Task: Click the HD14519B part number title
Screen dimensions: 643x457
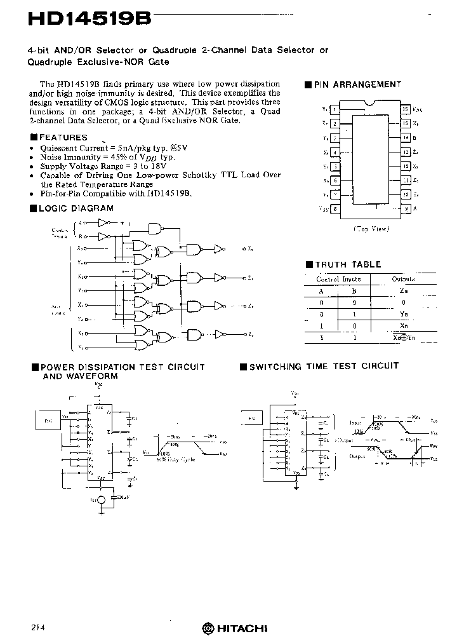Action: pyautogui.click(x=89, y=19)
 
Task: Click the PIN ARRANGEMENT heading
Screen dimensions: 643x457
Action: pyautogui.click(x=357, y=85)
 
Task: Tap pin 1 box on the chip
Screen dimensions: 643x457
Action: pyautogui.click(x=334, y=109)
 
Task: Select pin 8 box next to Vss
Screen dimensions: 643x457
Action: pyautogui.click(x=334, y=208)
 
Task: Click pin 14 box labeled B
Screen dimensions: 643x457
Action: pyautogui.click(x=406, y=137)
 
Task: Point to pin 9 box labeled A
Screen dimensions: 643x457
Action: pyautogui.click(x=406, y=208)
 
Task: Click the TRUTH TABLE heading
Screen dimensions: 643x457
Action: pyautogui.click(x=348, y=264)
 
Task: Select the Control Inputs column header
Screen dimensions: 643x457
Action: pyautogui.click(x=338, y=279)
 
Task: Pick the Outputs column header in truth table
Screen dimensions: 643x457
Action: pyautogui.click(x=403, y=279)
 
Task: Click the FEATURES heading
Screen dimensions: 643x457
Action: pyautogui.click(x=63, y=137)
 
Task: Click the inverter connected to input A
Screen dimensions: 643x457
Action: pyautogui.click(x=103, y=223)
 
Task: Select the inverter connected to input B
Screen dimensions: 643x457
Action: pyautogui.click(x=103, y=236)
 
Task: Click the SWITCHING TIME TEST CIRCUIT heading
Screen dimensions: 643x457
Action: pyautogui.click(x=324, y=366)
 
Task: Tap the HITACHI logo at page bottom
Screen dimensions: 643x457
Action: pyautogui.click(x=235, y=628)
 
